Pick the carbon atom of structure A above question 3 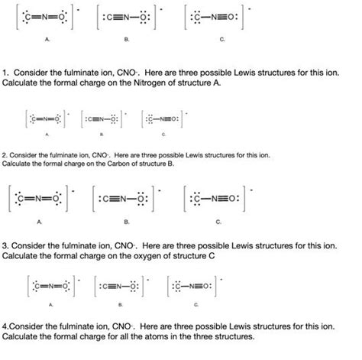point(30,201)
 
